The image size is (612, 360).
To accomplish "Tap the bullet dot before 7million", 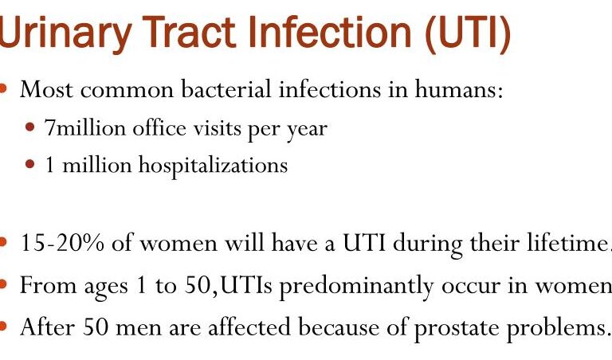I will coord(30,127).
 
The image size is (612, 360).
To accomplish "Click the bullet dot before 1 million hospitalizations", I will coord(30,165).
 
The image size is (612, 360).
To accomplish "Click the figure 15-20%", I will coord(53,244).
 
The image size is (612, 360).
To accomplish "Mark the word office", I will coord(157,127).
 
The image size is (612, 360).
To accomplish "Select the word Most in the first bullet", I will coord(43,89).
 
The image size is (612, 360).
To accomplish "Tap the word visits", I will coord(207,127).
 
